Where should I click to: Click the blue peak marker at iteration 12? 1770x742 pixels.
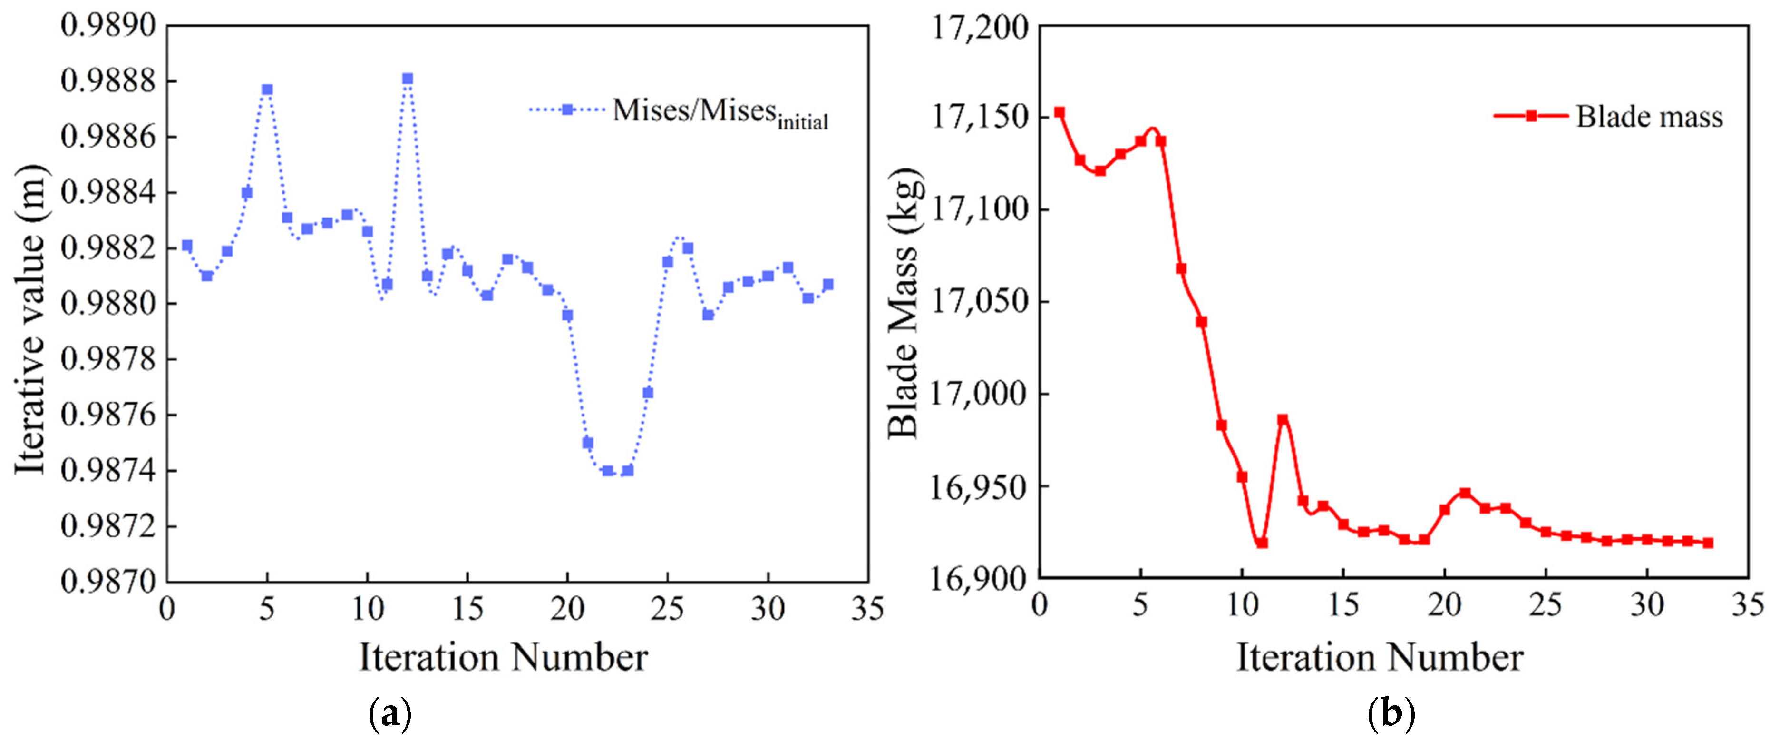408,79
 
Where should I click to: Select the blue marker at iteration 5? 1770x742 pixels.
267,90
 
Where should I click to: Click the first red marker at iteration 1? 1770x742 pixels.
1060,113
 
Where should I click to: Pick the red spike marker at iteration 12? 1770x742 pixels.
1282,419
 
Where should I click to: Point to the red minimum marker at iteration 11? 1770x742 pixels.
1262,543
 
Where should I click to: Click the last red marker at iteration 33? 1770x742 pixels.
1708,543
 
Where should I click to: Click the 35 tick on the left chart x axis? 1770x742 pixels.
867,608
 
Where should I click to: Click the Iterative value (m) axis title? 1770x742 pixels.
31,320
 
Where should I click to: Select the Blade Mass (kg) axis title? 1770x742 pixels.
904,303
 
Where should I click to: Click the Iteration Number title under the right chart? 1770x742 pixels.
1380,657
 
